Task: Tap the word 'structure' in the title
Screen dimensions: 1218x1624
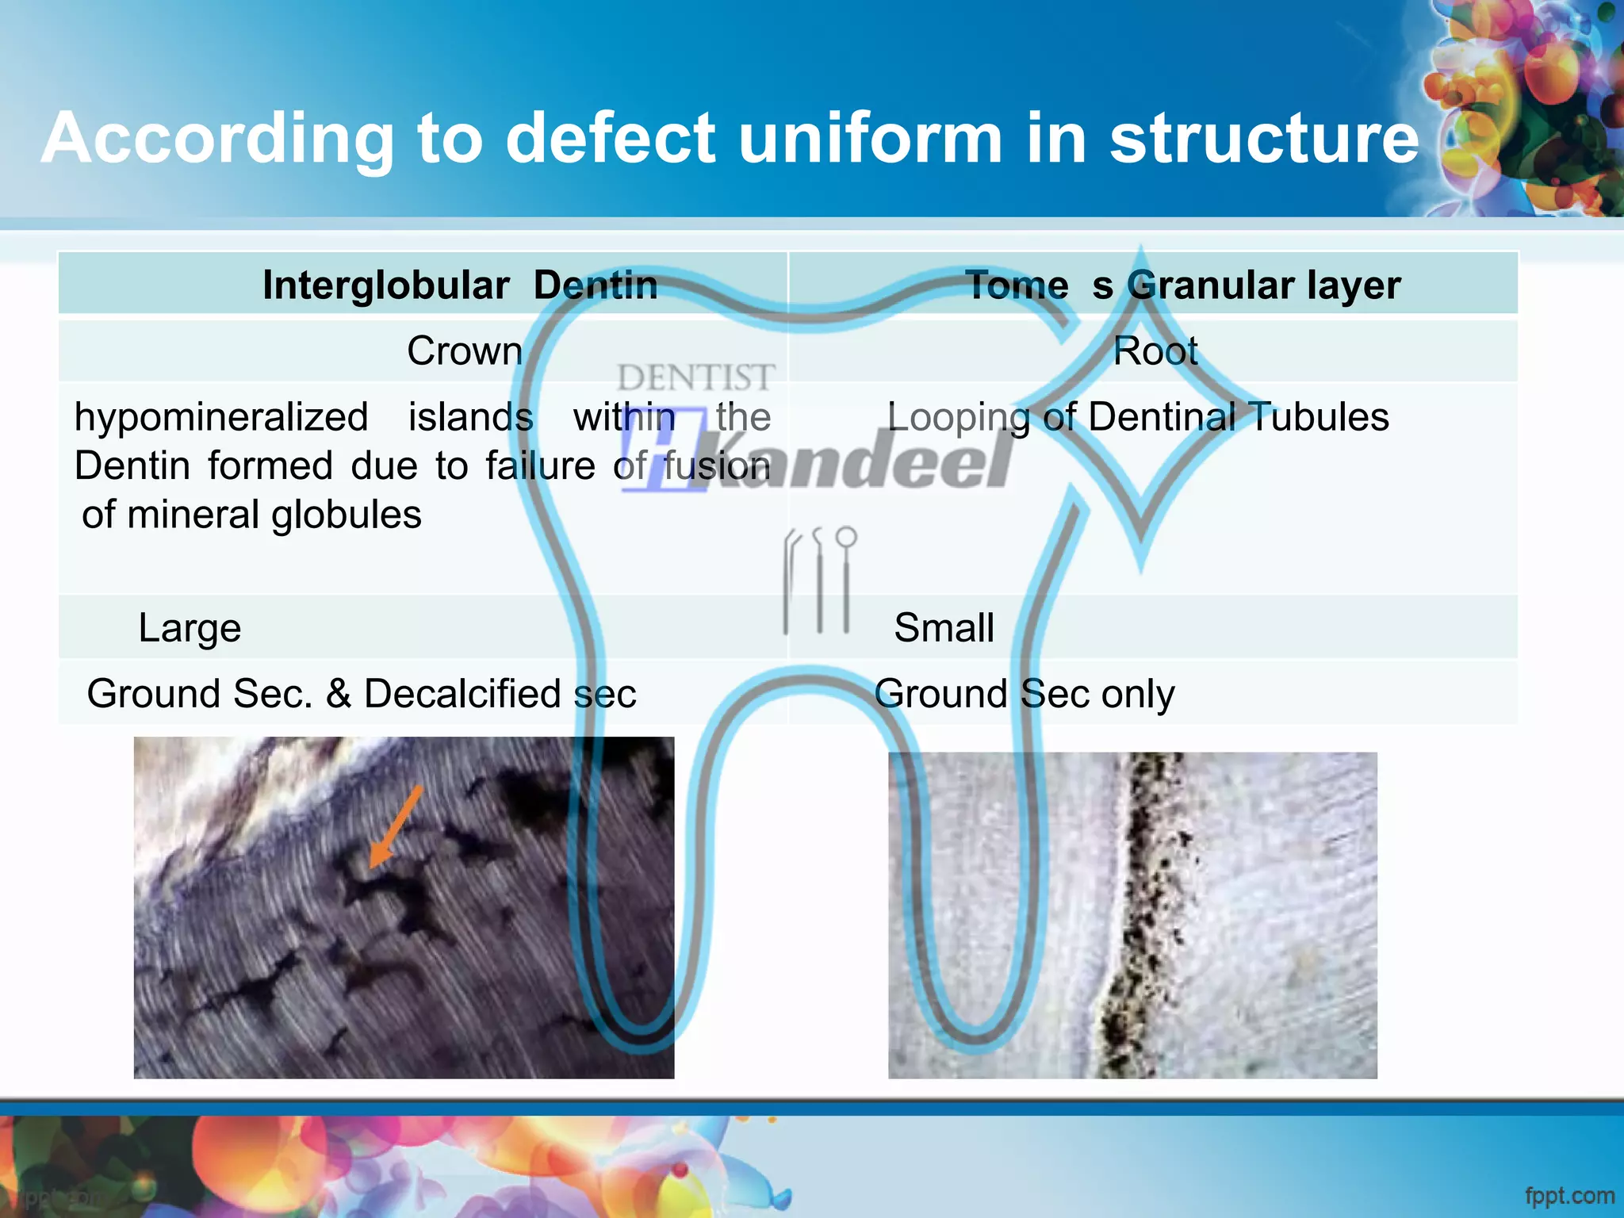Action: tap(1264, 139)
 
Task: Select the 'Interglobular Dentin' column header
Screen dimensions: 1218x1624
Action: tap(460, 285)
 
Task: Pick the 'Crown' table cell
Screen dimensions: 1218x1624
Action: tap(465, 350)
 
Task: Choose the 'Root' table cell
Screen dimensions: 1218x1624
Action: tap(1155, 350)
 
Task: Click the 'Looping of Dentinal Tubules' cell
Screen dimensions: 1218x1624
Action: tap(1137, 417)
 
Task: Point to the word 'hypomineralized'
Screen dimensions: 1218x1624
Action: tap(221, 417)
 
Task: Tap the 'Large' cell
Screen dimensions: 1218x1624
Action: tap(190, 628)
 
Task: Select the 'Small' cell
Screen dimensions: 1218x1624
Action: tap(944, 628)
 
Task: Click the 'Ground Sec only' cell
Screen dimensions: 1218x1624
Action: tap(1024, 694)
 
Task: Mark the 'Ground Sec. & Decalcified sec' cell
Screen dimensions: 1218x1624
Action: tap(362, 694)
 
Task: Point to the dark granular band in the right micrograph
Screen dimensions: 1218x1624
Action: tap(1142, 912)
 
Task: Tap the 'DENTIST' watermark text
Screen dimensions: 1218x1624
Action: tap(695, 377)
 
